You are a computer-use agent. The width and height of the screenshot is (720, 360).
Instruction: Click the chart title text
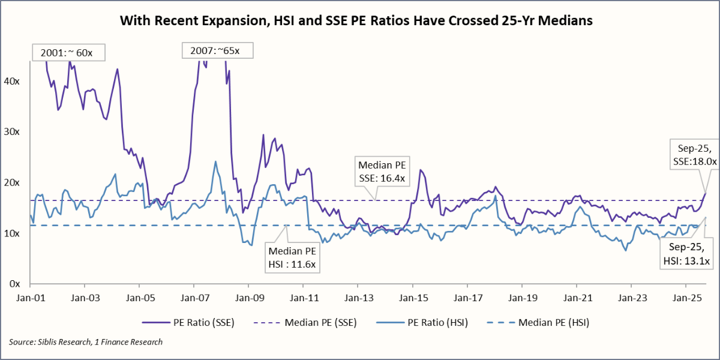click(x=356, y=20)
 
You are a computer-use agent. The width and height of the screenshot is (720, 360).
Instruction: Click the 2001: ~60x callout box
click(x=67, y=52)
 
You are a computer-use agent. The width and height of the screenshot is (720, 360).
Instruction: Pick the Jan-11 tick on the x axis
click(x=303, y=297)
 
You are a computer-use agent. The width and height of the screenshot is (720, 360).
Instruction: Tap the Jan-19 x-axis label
click(x=521, y=297)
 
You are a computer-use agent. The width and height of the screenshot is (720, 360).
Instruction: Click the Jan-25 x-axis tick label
click(x=686, y=297)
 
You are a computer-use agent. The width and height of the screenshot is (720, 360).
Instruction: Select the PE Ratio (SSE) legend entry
click(x=188, y=322)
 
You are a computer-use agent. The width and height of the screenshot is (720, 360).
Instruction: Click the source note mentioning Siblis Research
click(x=86, y=342)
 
